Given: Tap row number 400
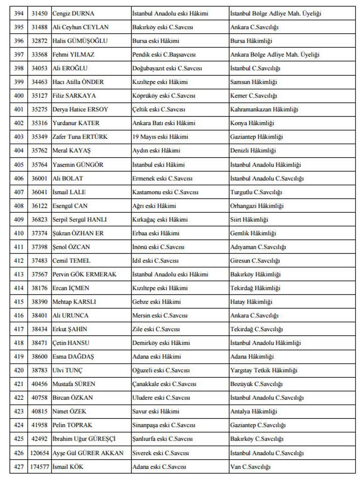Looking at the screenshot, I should point(19,96).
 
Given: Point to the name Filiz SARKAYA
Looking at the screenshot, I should point(74,96).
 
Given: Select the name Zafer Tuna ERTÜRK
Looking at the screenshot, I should point(79,137).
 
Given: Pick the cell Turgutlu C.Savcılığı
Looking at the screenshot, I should point(255,192).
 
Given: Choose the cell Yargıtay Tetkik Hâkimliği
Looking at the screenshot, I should point(264,370).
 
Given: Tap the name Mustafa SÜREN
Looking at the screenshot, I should point(73,384).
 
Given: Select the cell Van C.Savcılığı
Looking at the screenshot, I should point(250,467).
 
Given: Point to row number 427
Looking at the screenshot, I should point(19,467).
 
